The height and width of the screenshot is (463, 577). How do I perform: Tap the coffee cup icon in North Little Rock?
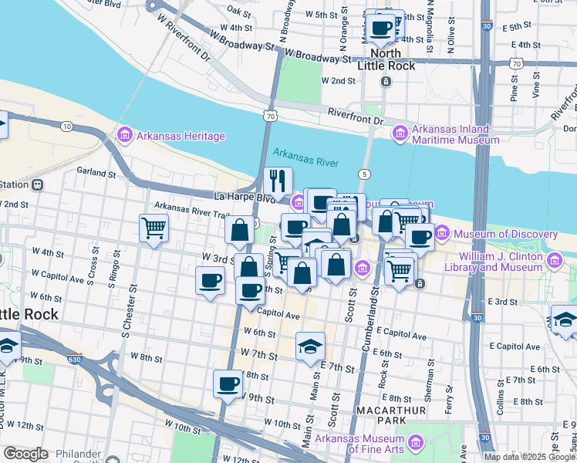(380, 29)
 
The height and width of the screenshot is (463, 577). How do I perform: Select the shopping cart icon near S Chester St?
(154, 228)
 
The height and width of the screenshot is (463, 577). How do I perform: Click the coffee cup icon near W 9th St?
(228, 384)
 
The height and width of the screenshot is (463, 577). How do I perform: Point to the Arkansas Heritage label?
(181, 137)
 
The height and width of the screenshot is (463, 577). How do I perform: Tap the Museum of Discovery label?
(504, 234)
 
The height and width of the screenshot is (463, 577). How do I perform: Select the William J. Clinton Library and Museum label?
(501, 262)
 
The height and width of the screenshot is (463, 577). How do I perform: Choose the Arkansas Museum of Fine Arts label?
(362, 443)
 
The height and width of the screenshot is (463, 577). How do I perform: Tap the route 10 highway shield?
(67, 126)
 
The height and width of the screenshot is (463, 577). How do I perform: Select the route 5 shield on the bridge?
(364, 174)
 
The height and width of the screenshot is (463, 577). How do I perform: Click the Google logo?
(26, 454)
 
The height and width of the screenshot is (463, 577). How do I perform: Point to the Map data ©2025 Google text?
(529, 457)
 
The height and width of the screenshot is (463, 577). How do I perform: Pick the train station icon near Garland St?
(37, 185)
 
